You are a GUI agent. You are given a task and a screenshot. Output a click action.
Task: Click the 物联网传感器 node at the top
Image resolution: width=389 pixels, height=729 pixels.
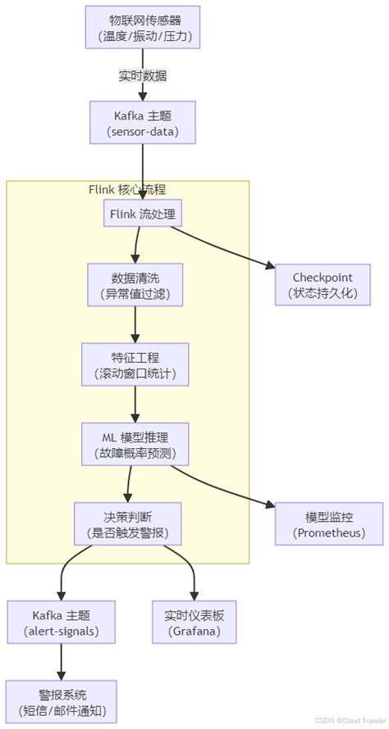point(143,28)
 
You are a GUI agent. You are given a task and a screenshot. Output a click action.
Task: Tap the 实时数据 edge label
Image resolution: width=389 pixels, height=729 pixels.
point(143,75)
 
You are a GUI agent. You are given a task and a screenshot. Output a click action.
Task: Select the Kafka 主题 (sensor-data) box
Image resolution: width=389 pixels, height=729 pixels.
point(143,122)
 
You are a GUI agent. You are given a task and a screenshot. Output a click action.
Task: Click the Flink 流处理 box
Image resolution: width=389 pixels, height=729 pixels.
point(143,215)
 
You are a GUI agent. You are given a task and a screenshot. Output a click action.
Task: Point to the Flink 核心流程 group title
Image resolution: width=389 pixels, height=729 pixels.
point(128,189)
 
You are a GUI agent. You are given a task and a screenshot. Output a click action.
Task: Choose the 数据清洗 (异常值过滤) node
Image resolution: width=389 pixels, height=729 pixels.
point(135,284)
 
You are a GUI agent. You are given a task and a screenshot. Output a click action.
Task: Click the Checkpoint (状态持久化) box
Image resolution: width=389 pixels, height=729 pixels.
point(324,284)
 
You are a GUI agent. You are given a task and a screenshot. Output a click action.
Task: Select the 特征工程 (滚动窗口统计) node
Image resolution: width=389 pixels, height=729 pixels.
point(135,364)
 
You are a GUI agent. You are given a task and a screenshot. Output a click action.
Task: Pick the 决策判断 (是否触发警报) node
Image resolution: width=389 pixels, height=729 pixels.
point(128,524)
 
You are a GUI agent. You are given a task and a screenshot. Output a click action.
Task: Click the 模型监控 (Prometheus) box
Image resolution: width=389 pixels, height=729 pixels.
point(328,524)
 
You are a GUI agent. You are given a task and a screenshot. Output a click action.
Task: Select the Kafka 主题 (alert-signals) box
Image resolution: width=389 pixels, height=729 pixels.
point(61,622)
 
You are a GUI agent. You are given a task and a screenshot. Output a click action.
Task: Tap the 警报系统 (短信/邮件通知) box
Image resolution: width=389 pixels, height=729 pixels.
point(61,700)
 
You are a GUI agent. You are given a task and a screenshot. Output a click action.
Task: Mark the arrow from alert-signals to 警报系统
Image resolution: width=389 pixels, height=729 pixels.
point(61,661)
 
